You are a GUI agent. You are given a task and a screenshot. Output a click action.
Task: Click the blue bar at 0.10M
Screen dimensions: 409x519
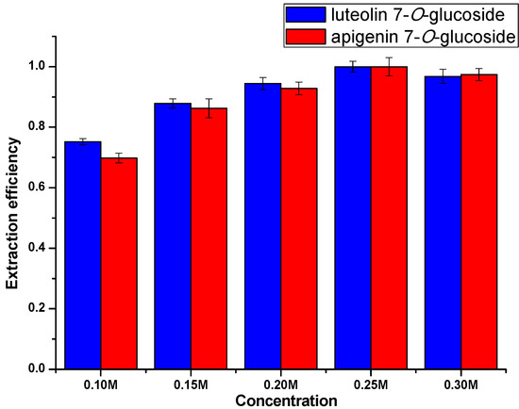83,254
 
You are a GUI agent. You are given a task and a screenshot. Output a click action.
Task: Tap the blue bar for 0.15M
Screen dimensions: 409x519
173,236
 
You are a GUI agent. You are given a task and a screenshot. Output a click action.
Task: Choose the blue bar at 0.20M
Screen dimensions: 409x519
263,225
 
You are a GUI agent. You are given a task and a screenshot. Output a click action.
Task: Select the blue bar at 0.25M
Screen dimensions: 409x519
353,217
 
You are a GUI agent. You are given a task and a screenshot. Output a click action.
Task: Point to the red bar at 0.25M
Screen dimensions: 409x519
389,217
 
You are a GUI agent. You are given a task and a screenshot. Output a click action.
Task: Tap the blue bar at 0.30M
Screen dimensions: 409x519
443,222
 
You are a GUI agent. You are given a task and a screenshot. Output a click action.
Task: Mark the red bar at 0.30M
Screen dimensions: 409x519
478,221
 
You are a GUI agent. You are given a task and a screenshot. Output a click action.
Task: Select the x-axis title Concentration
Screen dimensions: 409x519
280,401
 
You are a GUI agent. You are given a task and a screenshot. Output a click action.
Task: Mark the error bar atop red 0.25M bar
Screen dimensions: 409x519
389,67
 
